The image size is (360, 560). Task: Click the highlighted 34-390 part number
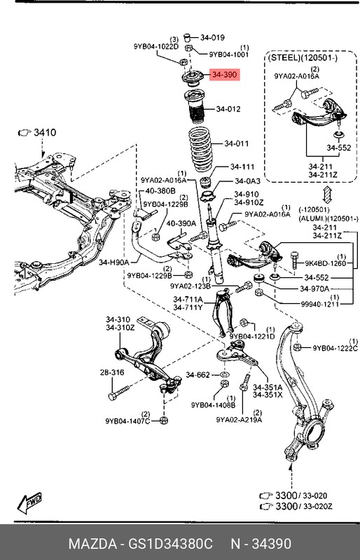[x=225, y=75]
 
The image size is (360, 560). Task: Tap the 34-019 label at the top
[x=212, y=38]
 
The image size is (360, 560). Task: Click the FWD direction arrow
[x=29, y=503]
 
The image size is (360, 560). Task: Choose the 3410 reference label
[x=45, y=132]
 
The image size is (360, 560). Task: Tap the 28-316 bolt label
[x=112, y=372]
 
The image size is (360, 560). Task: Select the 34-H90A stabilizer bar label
[x=113, y=262]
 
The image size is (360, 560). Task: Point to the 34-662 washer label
[x=198, y=374]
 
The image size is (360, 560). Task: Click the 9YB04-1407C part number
[x=127, y=421]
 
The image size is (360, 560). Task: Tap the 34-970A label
[x=314, y=288]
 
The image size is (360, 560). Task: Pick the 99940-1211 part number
[x=320, y=304]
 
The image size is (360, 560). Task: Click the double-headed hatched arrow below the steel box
[x=327, y=195]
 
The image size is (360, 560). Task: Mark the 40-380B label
[x=160, y=191]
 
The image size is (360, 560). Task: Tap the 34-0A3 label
[x=248, y=181]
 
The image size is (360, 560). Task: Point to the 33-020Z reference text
[x=318, y=506]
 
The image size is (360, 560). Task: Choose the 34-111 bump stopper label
[x=242, y=167]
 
